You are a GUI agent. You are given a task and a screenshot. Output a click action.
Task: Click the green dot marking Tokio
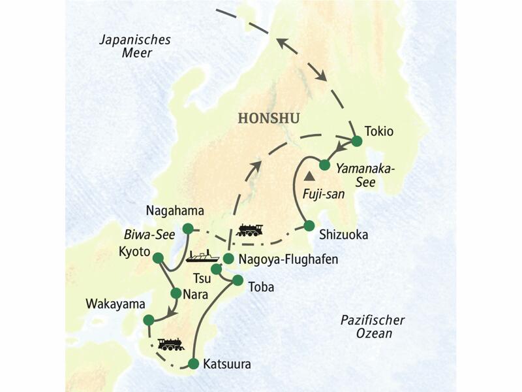pyautogui.click(x=357, y=140)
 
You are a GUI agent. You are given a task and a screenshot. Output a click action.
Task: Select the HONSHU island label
pyautogui.click(x=269, y=119)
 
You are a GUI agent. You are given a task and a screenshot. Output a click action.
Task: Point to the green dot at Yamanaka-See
pyautogui.click(x=323, y=164)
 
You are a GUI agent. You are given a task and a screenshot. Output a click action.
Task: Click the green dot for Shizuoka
pyautogui.click(x=309, y=226)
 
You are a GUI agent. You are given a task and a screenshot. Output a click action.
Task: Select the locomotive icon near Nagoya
pyautogui.click(x=250, y=230)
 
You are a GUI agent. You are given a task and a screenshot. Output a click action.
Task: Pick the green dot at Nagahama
pyautogui.click(x=188, y=228)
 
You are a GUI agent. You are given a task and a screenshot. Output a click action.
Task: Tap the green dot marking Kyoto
pyautogui.click(x=157, y=258)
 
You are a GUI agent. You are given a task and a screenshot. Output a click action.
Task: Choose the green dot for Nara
pyautogui.click(x=176, y=293)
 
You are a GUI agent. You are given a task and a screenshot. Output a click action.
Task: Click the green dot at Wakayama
pyautogui.click(x=149, y=319)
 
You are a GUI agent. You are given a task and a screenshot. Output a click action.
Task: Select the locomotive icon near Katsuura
pyautogui.click(x=170, y=344)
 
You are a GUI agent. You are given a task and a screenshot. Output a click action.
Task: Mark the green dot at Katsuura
pyautogui.click(x=193, y=363)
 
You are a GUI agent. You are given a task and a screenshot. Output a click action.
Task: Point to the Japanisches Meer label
pyautogui.click(x=135, y=46)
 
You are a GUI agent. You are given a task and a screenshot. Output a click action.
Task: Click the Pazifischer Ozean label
pyautogui.click(x=373, y=327)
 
